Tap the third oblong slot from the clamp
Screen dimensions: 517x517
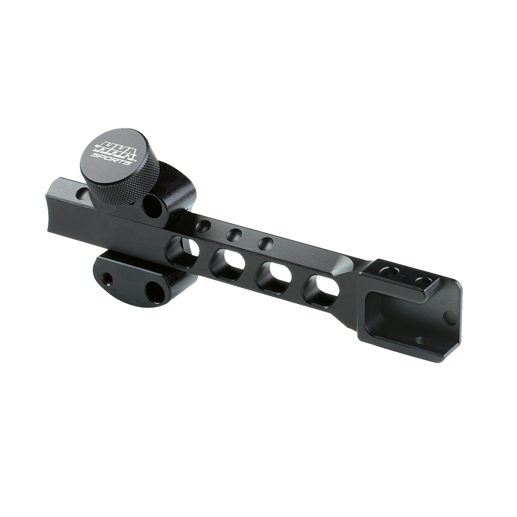(x=274, y=274)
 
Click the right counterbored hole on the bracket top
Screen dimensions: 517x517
(x=423, y=281)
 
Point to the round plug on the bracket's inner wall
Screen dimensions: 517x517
(x=449, y=318)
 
